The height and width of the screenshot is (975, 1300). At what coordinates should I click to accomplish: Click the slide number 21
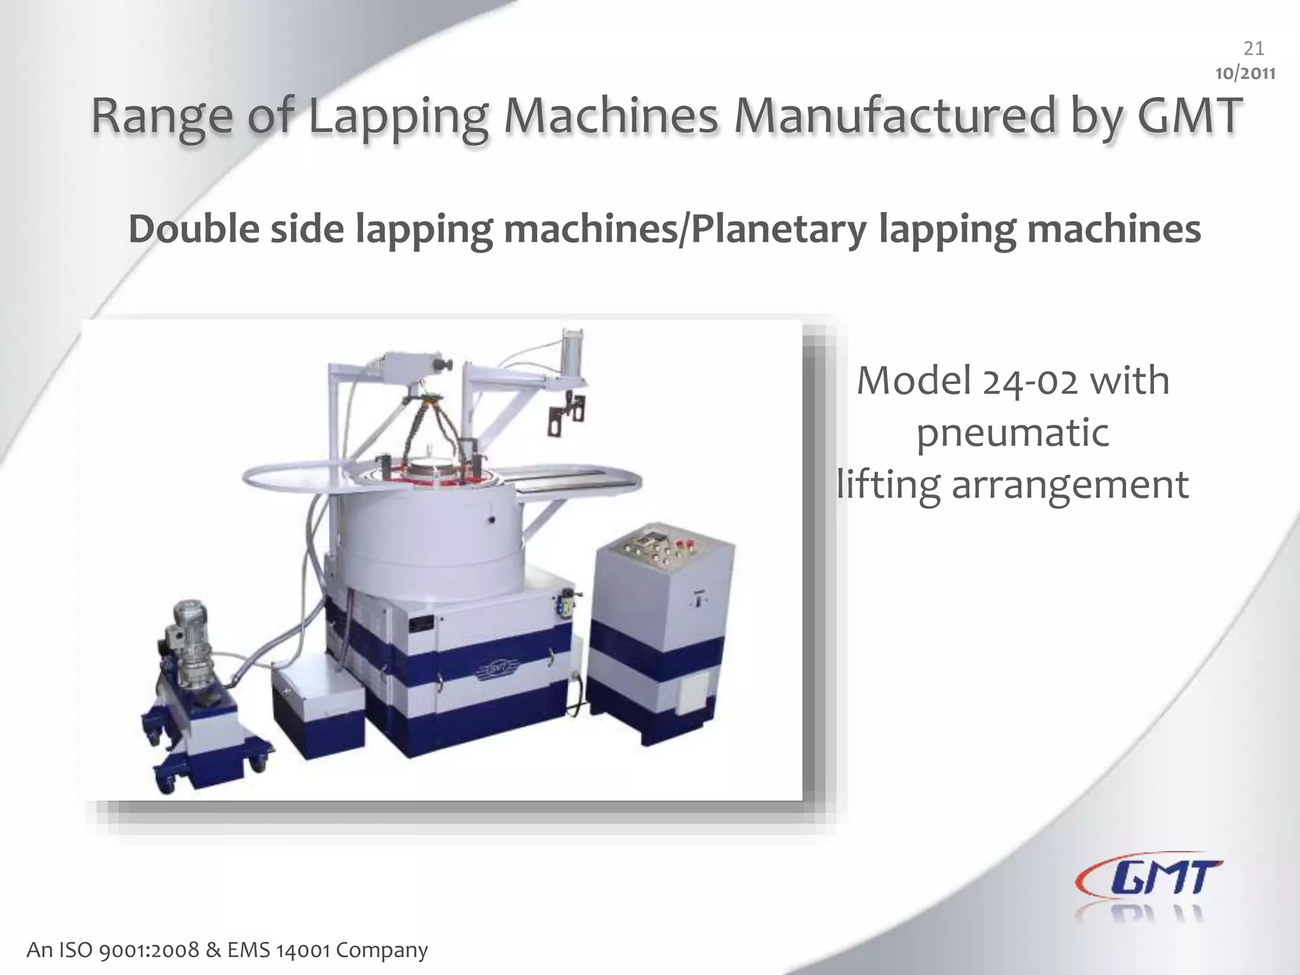coord(1253,49)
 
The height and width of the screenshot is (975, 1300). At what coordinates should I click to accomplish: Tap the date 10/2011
coord(1245,74)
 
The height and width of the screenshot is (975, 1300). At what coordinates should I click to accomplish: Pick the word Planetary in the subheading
coord(779,230)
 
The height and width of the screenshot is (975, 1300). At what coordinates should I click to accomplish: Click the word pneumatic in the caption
coord(1013,434)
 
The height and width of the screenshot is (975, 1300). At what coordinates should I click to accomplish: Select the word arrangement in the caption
coord(1070,486)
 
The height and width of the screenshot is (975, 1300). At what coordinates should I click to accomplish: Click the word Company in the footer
coord(382,950)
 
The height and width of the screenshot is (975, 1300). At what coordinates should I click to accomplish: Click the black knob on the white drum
coord(491,520)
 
